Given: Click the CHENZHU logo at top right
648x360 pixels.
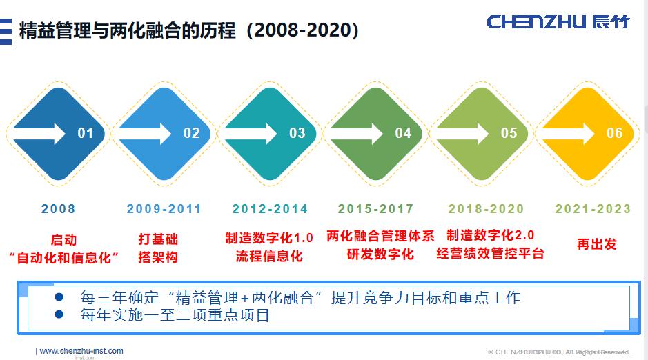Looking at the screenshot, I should tap(558, 22).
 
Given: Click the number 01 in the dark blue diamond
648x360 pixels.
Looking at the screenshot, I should tap(85, 132).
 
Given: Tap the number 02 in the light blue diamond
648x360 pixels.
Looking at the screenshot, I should tap(191, 132).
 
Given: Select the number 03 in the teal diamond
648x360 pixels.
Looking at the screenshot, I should tap(297, 132).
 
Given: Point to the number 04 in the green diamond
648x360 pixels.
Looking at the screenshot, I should tap(403, 132).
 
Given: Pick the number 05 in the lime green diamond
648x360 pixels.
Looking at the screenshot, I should tap(509, 132).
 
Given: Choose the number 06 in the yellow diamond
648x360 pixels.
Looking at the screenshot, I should tap(614, 132).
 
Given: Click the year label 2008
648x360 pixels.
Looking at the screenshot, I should tap(59, 209).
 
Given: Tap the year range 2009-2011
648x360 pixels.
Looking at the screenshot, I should tap(164, 209).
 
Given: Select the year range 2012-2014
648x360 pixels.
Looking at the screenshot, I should tap(270, 209).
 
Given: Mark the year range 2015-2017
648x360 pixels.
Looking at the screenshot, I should tap(376, 209).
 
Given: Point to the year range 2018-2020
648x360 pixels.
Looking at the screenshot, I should tap(486, 209).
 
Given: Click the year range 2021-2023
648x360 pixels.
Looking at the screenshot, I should tap(593, 209).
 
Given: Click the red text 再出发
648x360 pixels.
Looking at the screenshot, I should tap(596, 244).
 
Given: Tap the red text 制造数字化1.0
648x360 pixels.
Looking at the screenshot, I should tap(269, 238).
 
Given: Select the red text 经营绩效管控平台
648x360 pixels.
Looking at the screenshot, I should tap(490, 254).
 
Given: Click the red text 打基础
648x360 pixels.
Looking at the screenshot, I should tap(158, 239).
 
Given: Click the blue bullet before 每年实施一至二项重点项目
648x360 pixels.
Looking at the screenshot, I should tap(59, 314).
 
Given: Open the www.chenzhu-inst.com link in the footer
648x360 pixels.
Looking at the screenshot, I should tap(81, 351).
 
